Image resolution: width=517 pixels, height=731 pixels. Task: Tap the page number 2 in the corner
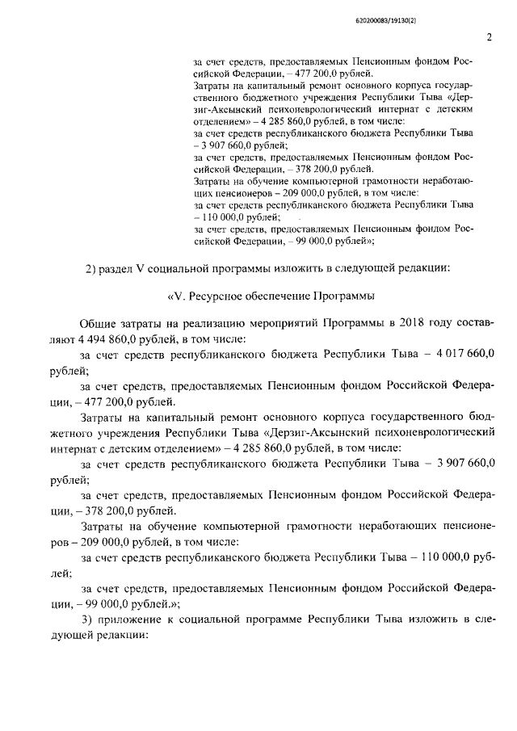(x=490, y=37)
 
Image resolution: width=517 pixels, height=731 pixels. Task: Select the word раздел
(x=120, y=268)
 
